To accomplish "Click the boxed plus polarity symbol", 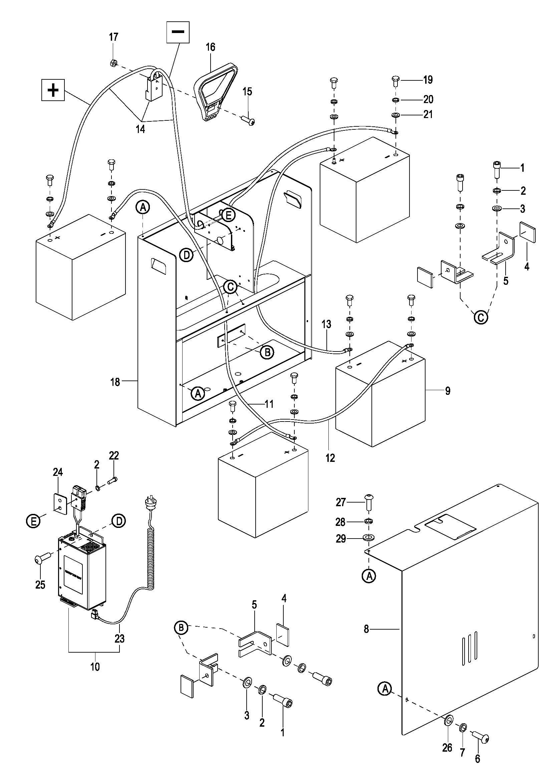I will point(53,90).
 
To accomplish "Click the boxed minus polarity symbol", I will point(178,32).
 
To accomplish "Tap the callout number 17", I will point(113,37).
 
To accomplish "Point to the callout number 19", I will point(428,80).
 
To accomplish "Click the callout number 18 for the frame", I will point(115,382).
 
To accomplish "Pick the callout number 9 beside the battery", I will point(448,391).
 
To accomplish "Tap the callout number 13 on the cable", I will point(326,324).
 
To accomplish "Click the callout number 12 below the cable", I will point(330,458).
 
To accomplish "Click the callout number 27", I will point(341,502).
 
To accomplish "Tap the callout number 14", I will point(140,129).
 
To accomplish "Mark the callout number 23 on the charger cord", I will point(120,639).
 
